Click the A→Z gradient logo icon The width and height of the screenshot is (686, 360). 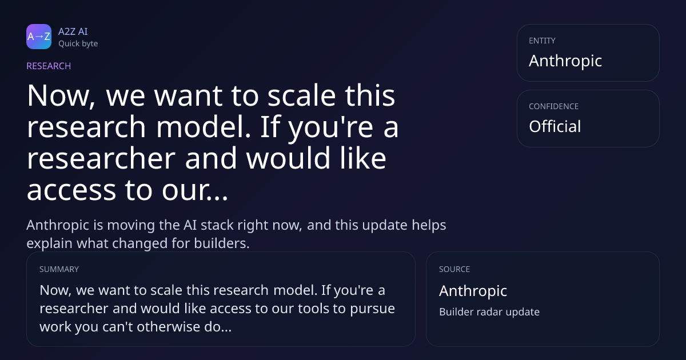click(x=39, y=37)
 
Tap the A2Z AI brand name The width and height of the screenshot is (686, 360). click(x=73, y=31)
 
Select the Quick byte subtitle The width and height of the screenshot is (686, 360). click(x=78, y=44)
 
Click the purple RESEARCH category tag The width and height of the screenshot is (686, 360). click(x=49, y=66)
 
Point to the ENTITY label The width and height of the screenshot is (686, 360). click(x=542, y=41)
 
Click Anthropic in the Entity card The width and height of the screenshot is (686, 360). click(x=565, y=61)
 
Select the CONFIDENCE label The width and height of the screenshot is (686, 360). click(x=554, y=106)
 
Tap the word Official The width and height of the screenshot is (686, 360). click(x=555, y=126)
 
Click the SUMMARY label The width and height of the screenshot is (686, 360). click(x=59, y=269)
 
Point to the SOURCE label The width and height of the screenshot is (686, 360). click(x=454, y=269)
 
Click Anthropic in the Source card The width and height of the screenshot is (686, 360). click(x=473, y=291)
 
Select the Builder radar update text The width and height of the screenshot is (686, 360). click(x=489, y=312)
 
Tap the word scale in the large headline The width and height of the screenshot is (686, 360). click(x=301, y=96)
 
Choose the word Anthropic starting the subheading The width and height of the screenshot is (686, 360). click(x=58, y=226)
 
